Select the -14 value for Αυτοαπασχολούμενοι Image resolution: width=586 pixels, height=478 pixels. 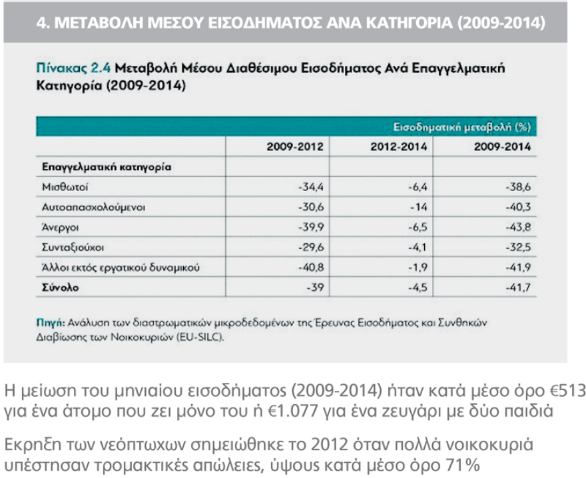(417, 207)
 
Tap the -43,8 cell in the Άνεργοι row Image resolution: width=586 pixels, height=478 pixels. (519, 227)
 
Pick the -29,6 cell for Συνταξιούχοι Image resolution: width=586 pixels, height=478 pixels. (312, 248)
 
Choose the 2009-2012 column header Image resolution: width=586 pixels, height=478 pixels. (295, 146)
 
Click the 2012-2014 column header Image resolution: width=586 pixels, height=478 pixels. (398, 146)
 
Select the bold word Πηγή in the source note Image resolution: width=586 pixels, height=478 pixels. (47, 323)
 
